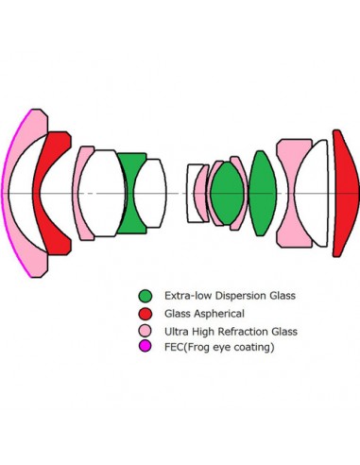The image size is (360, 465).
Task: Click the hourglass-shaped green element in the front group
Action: click(x=132, y=194)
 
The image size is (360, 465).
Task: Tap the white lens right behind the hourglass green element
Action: click(x=151, y=194)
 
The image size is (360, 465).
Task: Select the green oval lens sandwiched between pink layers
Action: click(x=226, y=194)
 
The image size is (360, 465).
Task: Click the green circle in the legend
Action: click(x=146, y=296)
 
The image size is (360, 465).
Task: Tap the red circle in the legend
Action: click(x=146, y=314)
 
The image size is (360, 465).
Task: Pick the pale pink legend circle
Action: click(x=146, y=332)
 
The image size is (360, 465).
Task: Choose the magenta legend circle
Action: click(x=146, y=349)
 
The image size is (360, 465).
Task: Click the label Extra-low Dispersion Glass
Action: click(x=230, y=296)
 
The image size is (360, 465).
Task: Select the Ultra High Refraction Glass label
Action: click(x=231, y=332)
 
